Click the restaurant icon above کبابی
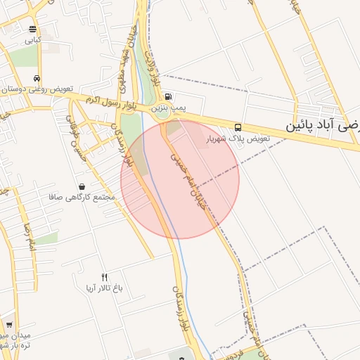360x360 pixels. (x=33, y=29)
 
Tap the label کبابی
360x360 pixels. (x=33, y=40)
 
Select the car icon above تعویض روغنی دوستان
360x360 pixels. (x=36, y=79)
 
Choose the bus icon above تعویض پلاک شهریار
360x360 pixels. (x=238, y=127)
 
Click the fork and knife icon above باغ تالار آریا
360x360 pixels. (x=105, y=277)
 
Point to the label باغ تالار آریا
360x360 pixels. (x=104, y=288)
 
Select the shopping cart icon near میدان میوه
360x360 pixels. (x=9, y=325)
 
